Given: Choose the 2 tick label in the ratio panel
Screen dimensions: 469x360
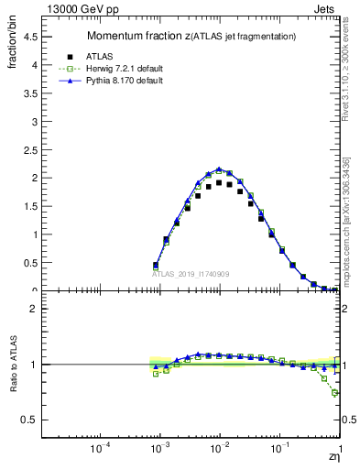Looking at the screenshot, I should click(34, 309).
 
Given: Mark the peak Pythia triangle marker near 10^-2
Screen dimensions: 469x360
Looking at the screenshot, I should click(219, 169).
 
